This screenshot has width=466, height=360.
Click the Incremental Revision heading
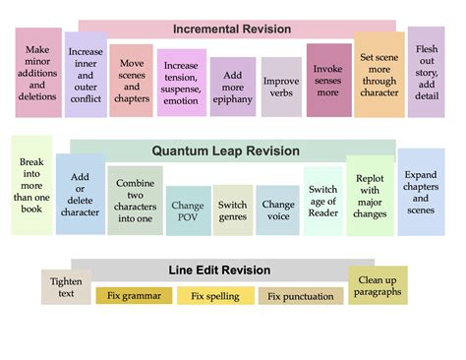coord(232,29)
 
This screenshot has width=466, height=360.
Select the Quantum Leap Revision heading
coord(232,151)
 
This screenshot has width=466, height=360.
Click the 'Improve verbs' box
coord(281,89)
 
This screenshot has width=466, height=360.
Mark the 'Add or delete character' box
coord(81,194)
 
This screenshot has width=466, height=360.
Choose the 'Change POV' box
coord(188,210)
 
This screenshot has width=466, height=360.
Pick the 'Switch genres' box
coord(233,210)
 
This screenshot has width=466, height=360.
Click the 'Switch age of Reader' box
coord(323,201)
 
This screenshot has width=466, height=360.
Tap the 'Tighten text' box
coord(66,287)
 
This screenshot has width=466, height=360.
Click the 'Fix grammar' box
coord(134,295)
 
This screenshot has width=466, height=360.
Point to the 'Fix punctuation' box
coord(301,296)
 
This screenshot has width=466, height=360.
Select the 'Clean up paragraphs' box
coord(378,285)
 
